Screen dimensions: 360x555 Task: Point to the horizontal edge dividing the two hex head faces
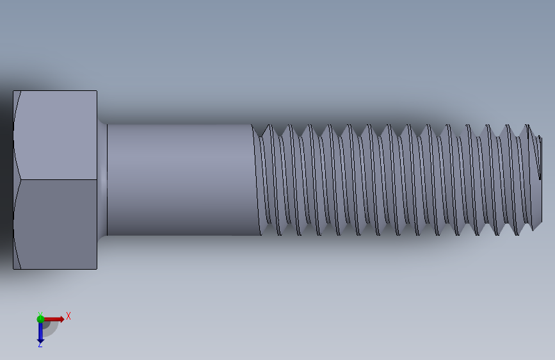[x=58, y=179]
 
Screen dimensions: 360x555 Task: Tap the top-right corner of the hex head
[x=97, y=91]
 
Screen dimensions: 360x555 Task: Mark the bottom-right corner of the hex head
[x=97, y=268]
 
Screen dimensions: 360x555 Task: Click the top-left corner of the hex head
[x=13, y=91]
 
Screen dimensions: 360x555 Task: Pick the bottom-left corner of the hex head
[x=13, y=268]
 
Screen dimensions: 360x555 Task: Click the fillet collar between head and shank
[x=102, y=179]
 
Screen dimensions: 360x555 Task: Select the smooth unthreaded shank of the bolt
[x=179, y=179]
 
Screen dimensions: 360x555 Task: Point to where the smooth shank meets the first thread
[x=257, y=179]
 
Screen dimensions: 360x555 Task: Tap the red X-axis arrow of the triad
[x=52, y=319]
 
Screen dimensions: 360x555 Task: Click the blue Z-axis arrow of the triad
[x=40, y=330]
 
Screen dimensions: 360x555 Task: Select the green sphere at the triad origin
[x=40, y=319]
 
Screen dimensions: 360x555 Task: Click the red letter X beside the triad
[x=68, y=316]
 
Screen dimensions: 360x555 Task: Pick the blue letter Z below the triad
[x=40, y=345]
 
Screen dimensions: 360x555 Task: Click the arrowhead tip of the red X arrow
[x=62, y=319]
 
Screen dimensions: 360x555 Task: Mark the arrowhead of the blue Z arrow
[x=40, y=338]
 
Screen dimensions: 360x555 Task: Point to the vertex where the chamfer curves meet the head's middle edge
[x=20, y=179]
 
